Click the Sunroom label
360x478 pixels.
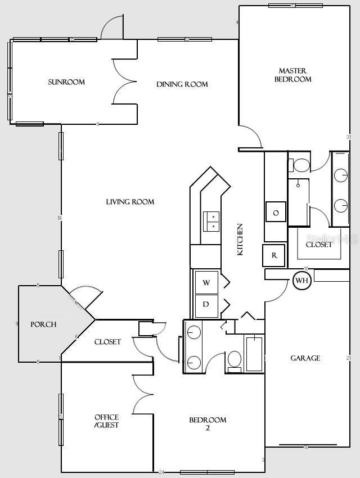66,82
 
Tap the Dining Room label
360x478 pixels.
182,84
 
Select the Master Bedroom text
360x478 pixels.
292,75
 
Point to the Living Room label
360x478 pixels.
130,202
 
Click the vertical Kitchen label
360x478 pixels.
240,240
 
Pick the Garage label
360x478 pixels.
305,358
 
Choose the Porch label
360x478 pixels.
43,324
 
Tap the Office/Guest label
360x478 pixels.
106,421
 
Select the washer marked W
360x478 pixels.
206,283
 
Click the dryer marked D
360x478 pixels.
206,304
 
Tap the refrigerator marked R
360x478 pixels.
274,255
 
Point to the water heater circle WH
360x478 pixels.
302,280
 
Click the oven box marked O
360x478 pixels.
276,213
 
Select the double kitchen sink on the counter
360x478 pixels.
212,221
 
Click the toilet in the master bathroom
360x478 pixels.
300,165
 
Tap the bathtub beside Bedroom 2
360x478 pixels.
254,353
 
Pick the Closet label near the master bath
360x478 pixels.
319,245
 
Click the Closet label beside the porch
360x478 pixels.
107,342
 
